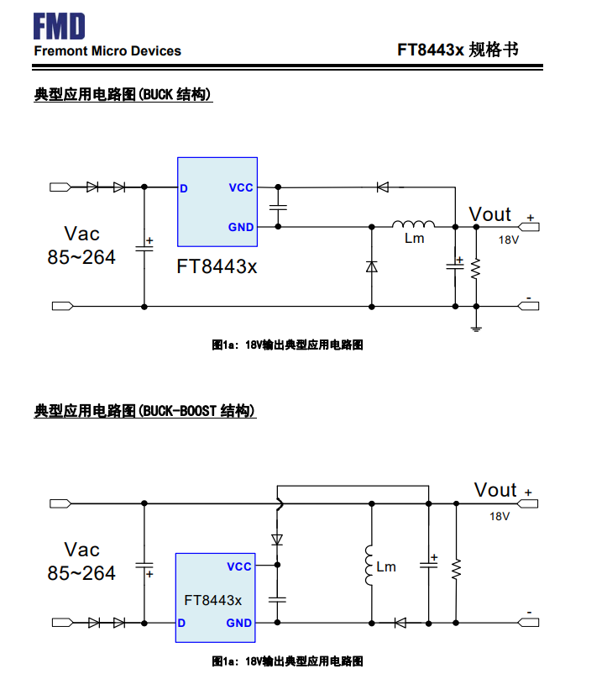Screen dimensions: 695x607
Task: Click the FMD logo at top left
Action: pos(60,27)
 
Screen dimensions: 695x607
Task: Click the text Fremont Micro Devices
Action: pos(107,51)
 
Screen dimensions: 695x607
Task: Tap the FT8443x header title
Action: pos(458,50)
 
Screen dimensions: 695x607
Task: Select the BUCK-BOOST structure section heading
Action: pos(144,411)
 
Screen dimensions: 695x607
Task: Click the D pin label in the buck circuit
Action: pos(183,187)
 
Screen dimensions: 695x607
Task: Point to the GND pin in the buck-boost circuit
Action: pos(239,623)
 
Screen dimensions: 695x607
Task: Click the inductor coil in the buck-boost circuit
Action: pos(368,566)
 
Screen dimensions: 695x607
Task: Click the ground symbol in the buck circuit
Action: pos(476,326)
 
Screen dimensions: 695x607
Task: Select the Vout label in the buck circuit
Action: pos(489,214)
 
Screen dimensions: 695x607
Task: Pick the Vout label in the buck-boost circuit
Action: pos(495,489)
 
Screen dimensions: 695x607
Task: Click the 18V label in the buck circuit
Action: pos(510,240)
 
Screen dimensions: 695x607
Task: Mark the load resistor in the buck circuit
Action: pos(476,267)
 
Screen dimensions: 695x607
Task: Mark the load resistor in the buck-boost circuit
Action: pos(456,569)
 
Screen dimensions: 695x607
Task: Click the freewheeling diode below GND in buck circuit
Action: pos(371,266)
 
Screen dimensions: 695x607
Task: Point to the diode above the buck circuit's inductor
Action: pos(382,187)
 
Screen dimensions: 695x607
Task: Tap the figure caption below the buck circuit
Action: pos(287,345)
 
